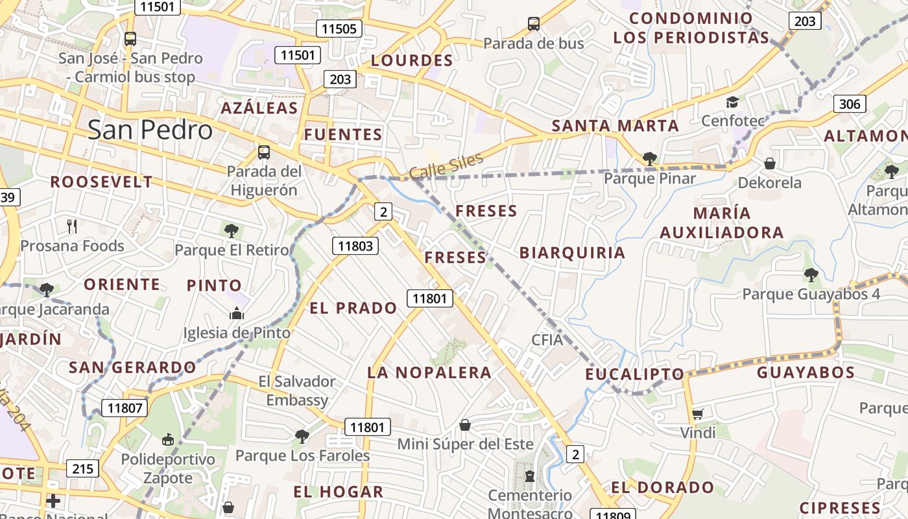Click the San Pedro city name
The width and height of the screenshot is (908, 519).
(x=150, y=130)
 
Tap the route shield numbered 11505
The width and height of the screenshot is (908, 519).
(x=339, y=29)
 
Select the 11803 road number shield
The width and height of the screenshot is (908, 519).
(x=355, y=245)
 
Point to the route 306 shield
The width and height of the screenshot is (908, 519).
(x=849, y=104)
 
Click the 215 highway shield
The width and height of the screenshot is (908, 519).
(x=82, y=468)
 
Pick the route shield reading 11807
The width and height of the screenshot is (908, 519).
(x=125, y=408)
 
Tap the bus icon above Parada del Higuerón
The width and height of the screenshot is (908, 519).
(x=264, y=152)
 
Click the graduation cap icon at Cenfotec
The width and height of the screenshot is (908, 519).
(x=732, y=102)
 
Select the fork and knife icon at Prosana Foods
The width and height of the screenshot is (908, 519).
(x=72, y=226)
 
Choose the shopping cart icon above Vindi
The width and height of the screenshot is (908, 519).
(x=697, y=414)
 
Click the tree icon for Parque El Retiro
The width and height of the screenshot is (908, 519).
(x=232, y=230)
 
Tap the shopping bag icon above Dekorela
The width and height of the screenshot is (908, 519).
(x=770, y=163)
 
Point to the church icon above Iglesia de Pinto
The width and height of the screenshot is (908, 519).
(x=236, y=314)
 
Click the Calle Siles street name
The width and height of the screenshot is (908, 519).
(x=446, y=166)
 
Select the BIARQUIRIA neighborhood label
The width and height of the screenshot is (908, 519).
(x=572, y=253)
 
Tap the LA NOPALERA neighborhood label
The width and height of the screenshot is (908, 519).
(x=429, y=372)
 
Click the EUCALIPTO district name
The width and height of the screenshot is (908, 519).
(x=635, y=374)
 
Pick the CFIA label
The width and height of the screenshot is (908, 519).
(x=547, y=339)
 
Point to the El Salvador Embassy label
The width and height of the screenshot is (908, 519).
(x=297, y=391)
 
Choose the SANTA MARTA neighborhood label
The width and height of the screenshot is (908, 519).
(x=615, y=126)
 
